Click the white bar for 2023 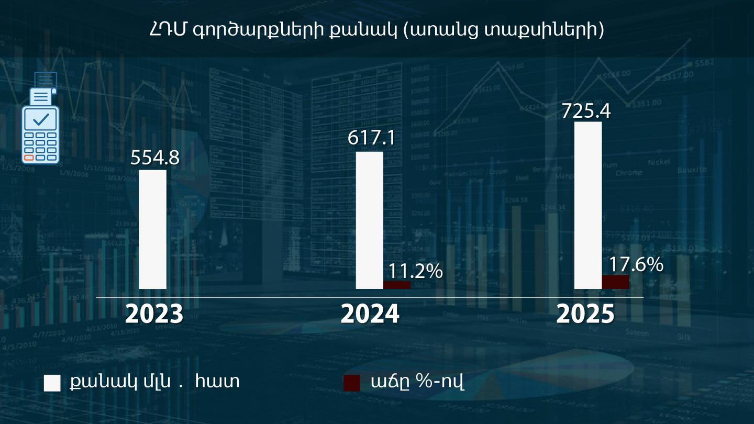click(153, 229)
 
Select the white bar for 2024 click(370, 220)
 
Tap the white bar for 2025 click(588, 205)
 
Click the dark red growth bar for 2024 click(397, 285)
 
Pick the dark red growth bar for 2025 click(615, 282)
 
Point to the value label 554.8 click(155, 158)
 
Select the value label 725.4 click(586, 111)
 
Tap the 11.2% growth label click(416, 271)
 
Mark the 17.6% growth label click(636, 264)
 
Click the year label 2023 click(154, 314)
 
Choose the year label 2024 click(370, 314)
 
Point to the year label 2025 click(585, 314)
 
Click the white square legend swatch click(52, 383)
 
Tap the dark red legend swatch click(352, 383)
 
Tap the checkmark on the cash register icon click(40, 119)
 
